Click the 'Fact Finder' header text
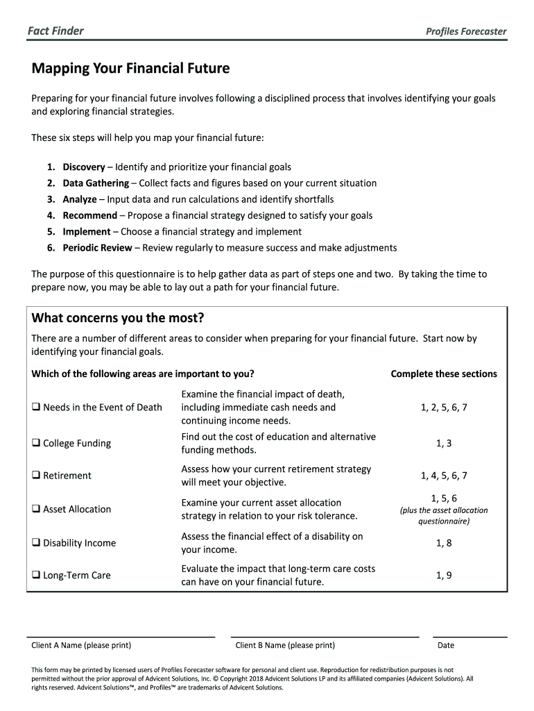pyautogui.click(x=55, y=31)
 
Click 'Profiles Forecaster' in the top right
pyautogui.click(x=466, y=31)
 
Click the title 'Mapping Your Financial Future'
pyautogui.click(x=130, y=69)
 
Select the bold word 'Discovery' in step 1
pyautogui.click(x=84, y=167)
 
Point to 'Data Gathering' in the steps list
pyautogui.click(x=96, y=183)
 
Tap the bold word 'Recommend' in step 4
pyautogui.click(x=90, y=215)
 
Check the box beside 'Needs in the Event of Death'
pyautogui.click(x=35, y=408)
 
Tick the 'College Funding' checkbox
pyautogui.click(x=35, y=443)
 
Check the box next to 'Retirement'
pyautogui.click(x=35, y=476)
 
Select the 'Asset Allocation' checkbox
pyautogui.click(x=35, y=509)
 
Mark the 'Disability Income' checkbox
pyautogui.click(x=35, y=543)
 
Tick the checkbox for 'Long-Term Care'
pyautogui.click(x=35, y=575)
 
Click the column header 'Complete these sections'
pyautogui.click(x=444, y=374)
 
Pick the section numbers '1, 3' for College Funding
pyautogui.click(x=444, y=443)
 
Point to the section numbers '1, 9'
pyautogui.click(x=444, y=575)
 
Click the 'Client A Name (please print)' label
pyautogui.click(x=81, y=645)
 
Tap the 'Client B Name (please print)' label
pyautogui.click(x=285, y=645)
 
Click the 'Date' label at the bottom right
pyautogui.click(x=446, y=645)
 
